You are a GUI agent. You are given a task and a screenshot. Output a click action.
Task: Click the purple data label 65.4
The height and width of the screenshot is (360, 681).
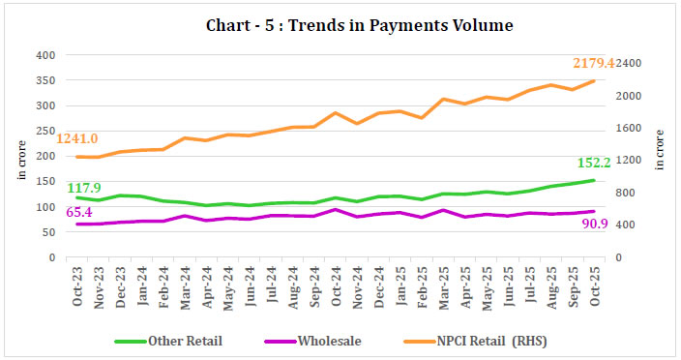coord(84,211)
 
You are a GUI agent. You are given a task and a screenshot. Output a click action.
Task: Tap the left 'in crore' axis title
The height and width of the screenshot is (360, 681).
coord(22,161)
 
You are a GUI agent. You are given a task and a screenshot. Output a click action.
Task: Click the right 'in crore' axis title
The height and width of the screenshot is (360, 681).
coord(660,151)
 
